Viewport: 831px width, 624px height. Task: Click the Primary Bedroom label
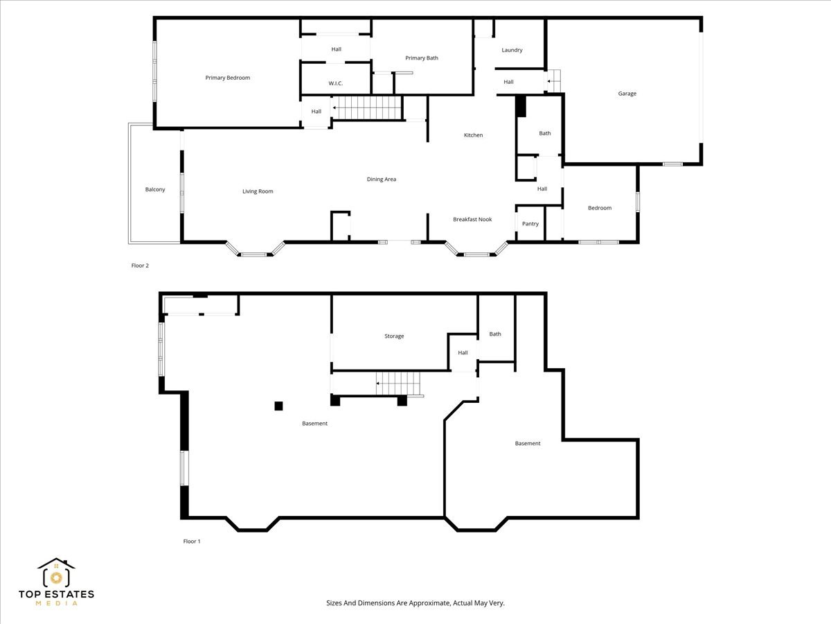[227, 78]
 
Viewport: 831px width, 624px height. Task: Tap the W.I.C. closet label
[335, 84]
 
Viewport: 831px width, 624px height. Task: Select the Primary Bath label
[422, 58]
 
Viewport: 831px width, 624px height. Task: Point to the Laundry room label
[512, 50]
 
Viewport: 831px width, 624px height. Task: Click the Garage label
[627, 94]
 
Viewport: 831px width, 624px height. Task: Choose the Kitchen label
[473, 135]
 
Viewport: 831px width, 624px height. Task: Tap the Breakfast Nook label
[472, 219]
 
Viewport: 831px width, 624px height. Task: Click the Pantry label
[530, 224]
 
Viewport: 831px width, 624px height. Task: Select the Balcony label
[155, 189]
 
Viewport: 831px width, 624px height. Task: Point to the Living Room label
[258, 191]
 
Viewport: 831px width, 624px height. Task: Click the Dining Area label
[381, 180]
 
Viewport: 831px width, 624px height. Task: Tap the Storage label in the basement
[394, 336]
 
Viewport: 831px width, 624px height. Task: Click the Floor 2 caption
[140, 266]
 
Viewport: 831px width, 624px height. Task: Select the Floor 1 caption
[191, 541]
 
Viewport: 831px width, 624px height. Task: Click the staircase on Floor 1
[399, 383]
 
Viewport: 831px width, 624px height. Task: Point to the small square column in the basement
[278, 406]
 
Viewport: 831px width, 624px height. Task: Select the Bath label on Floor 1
[494, 334]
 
